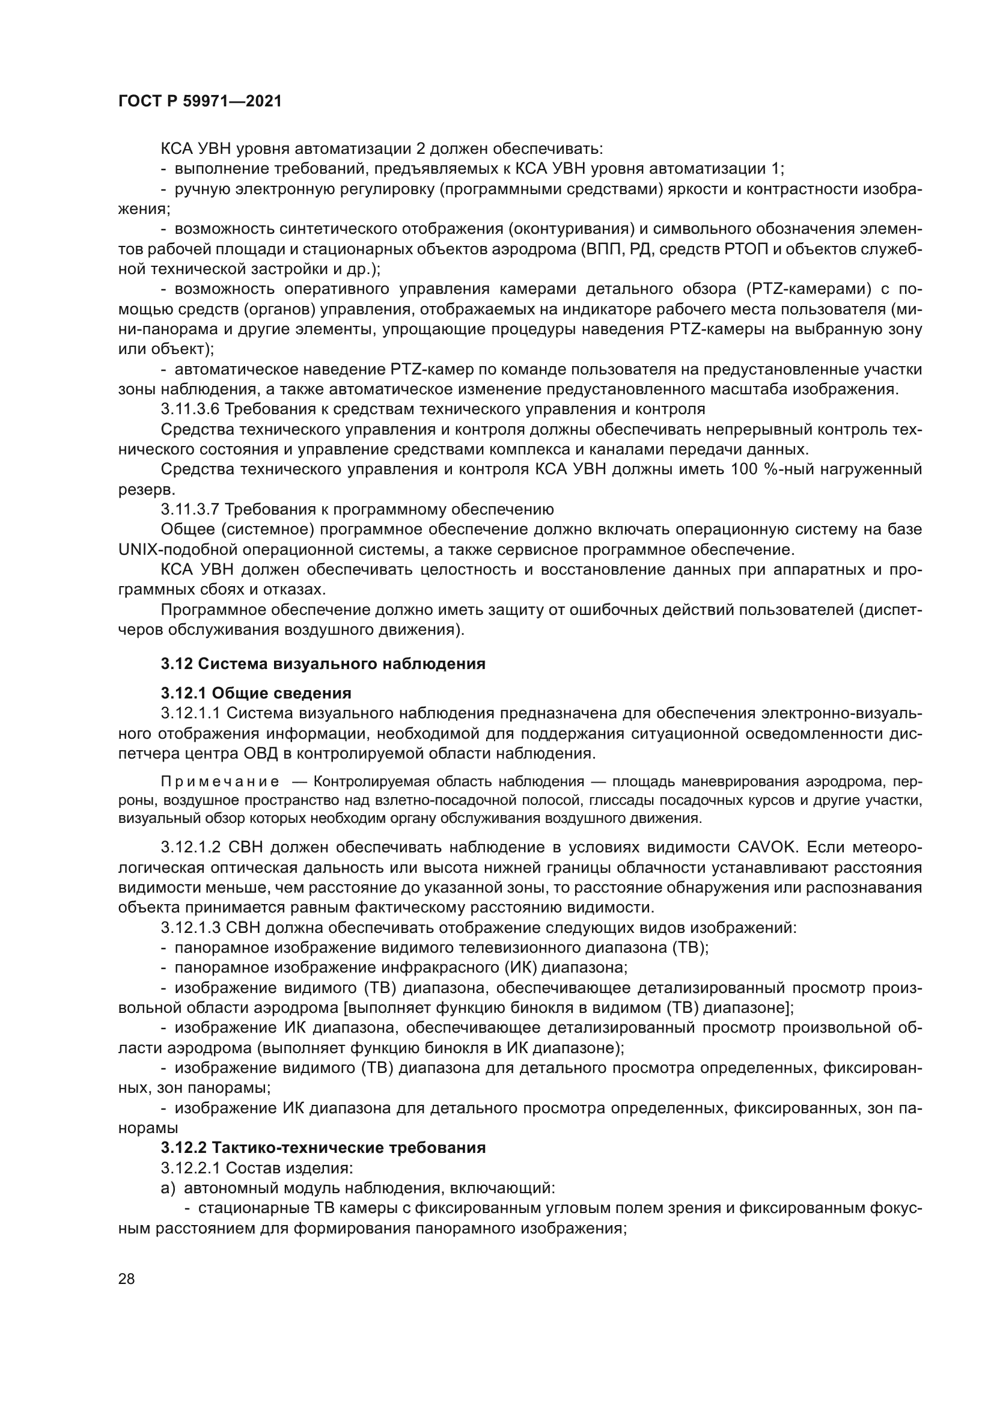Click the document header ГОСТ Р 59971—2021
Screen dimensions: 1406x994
pos(200,102)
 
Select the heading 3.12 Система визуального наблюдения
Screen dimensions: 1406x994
pos(323,664)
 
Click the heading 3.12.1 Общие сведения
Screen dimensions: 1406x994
pos(256,693)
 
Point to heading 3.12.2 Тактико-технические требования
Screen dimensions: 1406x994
pos(323,1148)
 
